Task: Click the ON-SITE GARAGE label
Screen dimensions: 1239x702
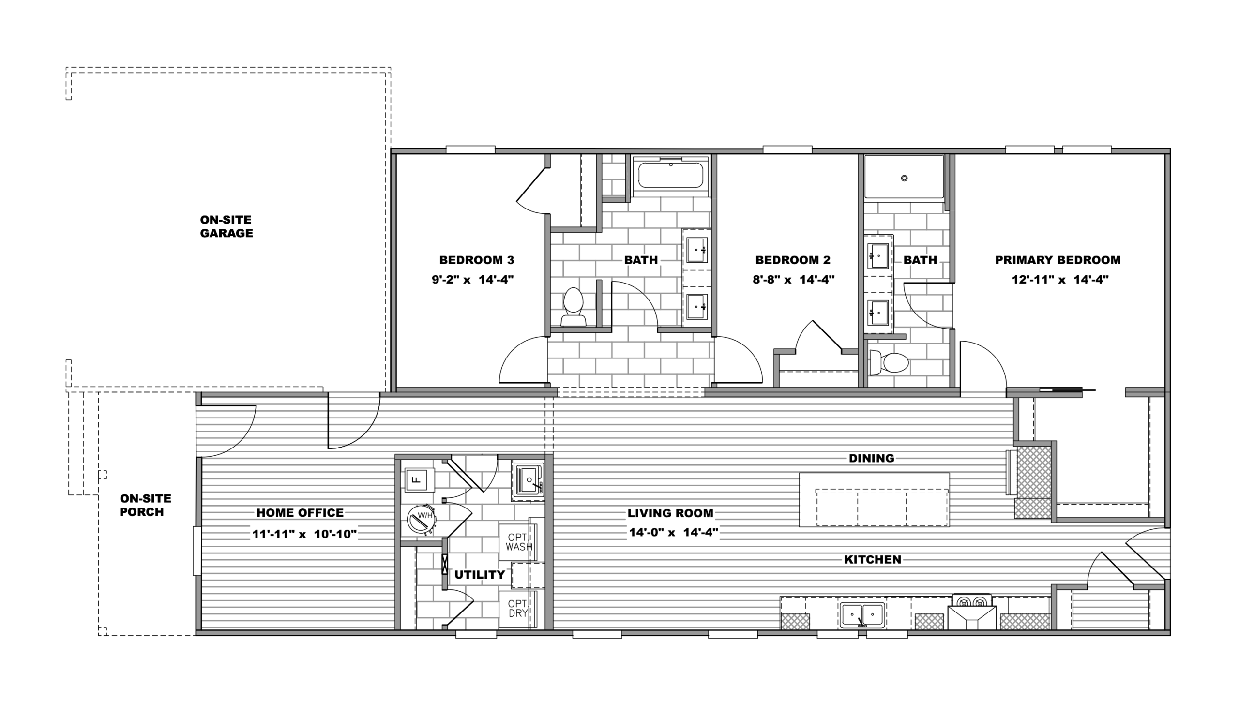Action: point(226,226)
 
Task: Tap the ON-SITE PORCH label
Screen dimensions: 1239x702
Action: point(145,505)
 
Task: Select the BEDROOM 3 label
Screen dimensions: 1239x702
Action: point(476,260)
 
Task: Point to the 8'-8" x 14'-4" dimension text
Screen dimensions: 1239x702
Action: point(793,279)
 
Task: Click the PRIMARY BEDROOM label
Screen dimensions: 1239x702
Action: point(1058,260)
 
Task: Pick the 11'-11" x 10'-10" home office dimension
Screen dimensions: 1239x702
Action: point(304,534)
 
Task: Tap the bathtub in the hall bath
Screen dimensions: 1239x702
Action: point(671,175)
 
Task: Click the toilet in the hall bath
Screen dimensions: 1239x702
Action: point(573,307)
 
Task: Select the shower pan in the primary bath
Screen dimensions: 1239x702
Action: point(904,177)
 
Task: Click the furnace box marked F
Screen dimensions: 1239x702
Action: point(415,480)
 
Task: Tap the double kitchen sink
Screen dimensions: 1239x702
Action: point(862,614)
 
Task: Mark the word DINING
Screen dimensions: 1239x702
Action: point(871,458)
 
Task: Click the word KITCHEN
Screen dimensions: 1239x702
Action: point(873,559)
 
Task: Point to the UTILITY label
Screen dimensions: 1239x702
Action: point(479,574)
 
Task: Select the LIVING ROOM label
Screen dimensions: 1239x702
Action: point(670,513)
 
